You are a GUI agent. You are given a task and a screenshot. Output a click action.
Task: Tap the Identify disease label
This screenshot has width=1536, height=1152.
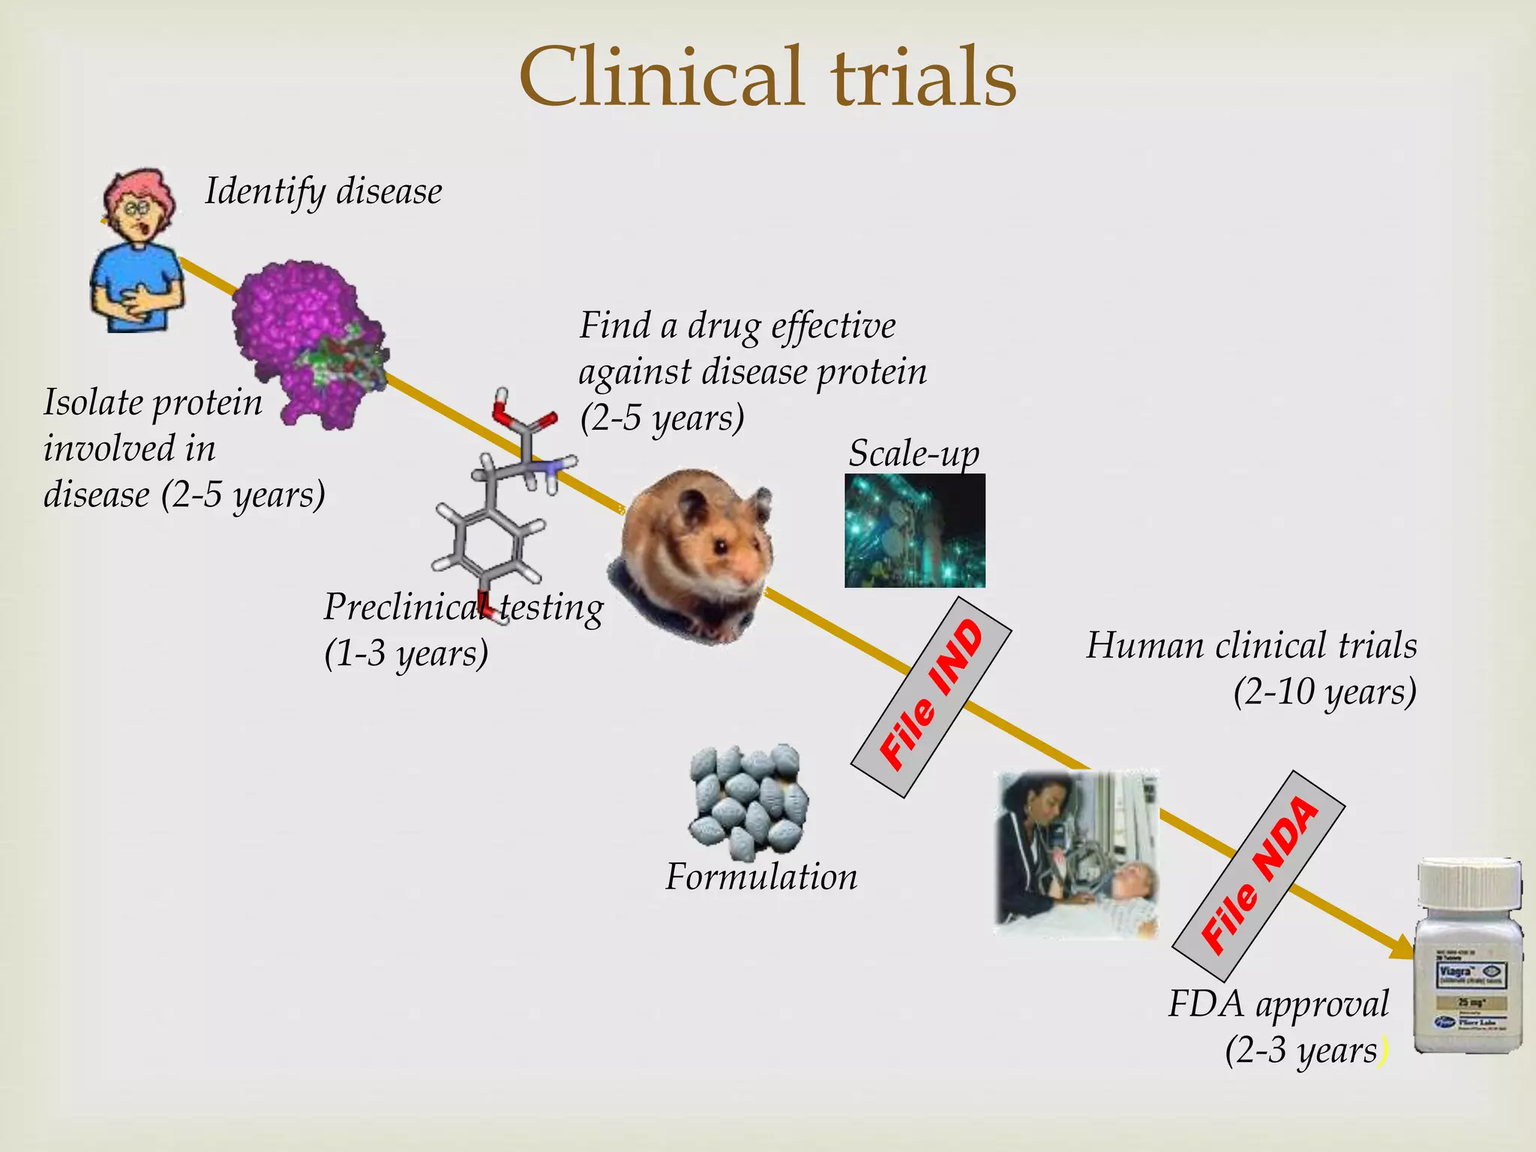(323, 191)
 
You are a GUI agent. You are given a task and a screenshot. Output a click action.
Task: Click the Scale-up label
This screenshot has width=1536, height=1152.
(913, 453)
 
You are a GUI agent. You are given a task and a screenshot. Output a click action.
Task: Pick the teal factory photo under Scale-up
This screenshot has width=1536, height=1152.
(914, 530)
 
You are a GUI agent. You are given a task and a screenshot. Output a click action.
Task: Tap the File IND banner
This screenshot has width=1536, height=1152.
(931, 697)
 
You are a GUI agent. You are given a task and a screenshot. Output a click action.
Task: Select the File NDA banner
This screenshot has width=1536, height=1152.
(1259, 875)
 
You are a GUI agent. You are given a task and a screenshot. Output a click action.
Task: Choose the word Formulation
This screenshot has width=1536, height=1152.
(761, 877)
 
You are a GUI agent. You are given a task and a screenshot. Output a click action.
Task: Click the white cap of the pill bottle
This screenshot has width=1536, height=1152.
(1468, 885)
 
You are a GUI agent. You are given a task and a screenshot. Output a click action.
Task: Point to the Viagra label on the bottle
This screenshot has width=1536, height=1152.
(1456, 972)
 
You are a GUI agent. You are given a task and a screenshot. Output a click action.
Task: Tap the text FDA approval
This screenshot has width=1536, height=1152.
(1278, 1004)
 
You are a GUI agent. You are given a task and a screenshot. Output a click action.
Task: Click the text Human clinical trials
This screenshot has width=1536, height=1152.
(1251, 646)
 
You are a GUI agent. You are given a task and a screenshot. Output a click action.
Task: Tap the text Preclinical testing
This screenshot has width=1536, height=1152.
(463, 607)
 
